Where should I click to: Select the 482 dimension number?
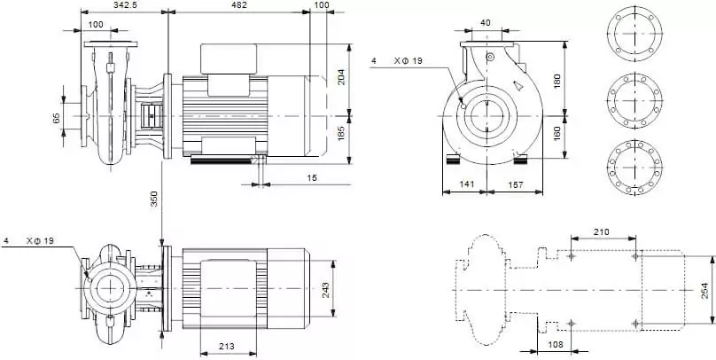coord(238,5)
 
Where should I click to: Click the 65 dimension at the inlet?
coord(56,117)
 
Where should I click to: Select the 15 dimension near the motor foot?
coord(313,178)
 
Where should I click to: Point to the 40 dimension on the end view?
coord(485,22)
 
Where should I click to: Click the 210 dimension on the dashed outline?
coord(603,231)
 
